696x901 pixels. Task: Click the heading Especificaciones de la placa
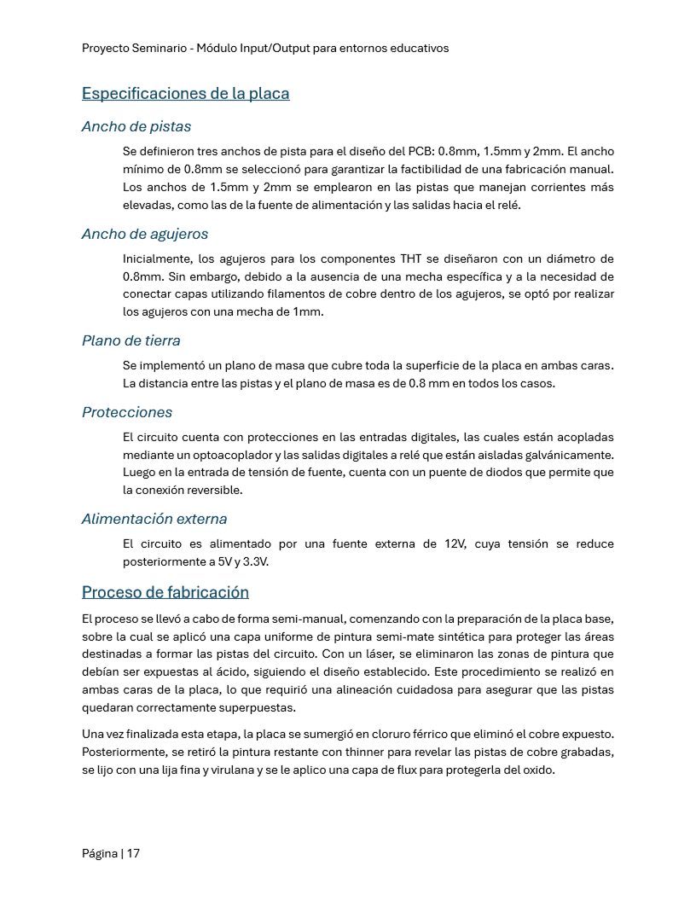pos(185,93)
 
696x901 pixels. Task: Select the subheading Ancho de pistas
pos(136,126)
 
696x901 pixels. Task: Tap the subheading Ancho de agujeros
pos(144,234)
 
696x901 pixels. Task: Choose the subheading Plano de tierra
pos(130,340)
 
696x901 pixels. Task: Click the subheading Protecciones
pos(126,412)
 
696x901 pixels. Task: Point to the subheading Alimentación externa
pos(154,519)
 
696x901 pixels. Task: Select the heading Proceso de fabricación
pos(165,592)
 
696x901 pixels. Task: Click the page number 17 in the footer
pos(133,853)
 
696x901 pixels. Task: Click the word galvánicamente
pos(567,455)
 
